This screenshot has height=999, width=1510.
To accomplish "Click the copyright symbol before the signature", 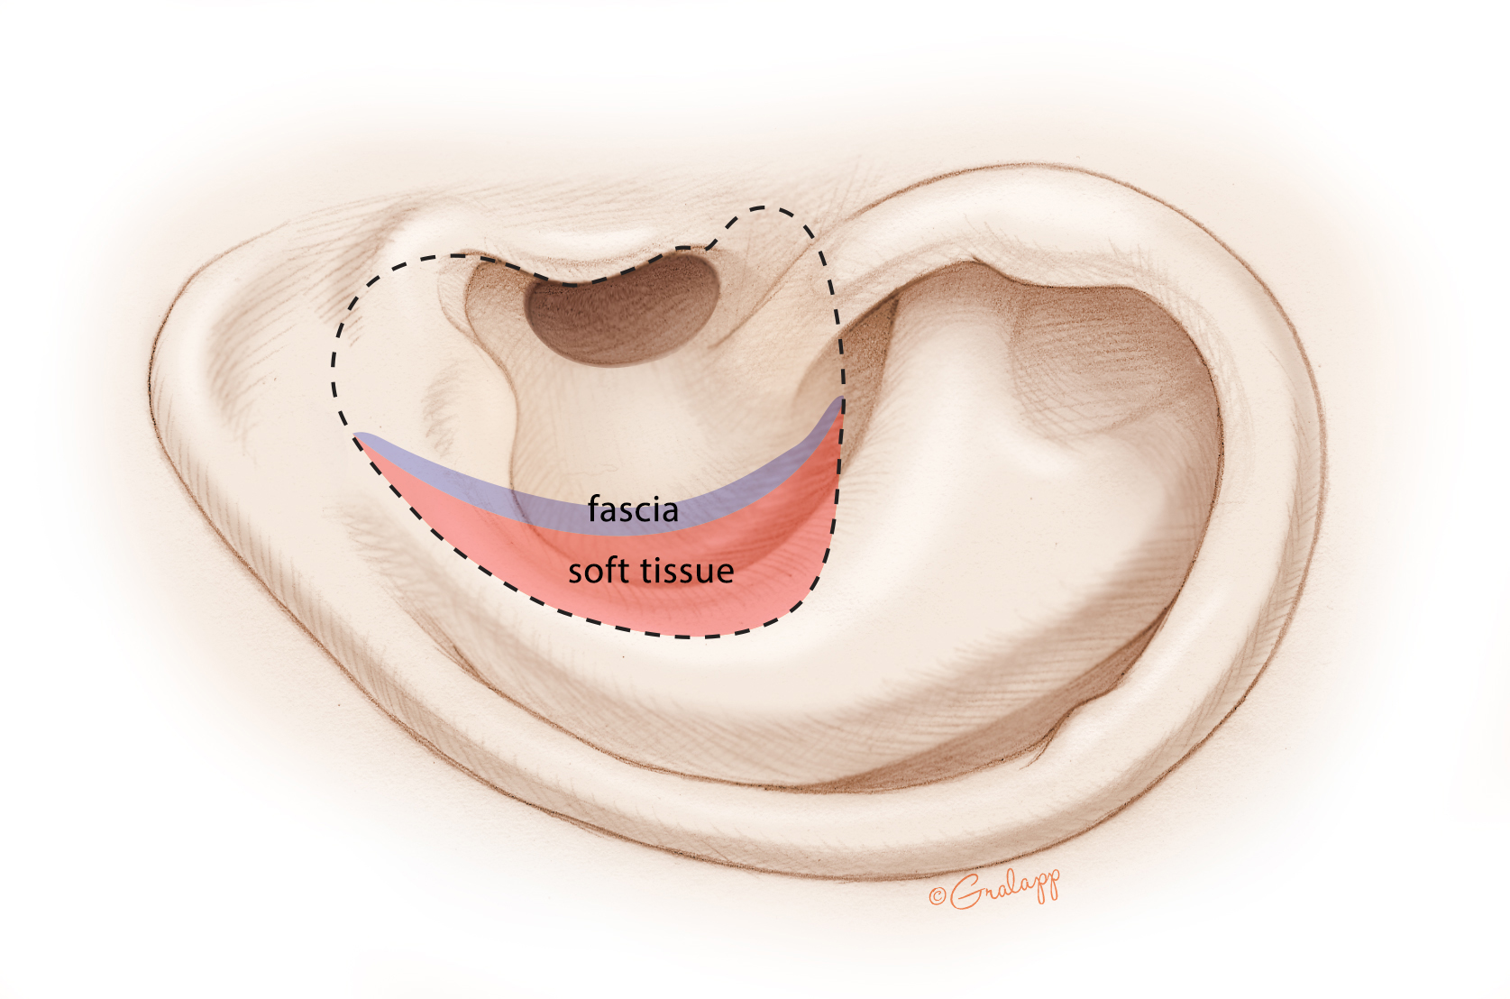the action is tap(937, 896).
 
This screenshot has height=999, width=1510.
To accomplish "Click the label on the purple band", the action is tap(633, 509).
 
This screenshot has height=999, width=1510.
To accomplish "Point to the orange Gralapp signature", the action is tap(995, 888).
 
